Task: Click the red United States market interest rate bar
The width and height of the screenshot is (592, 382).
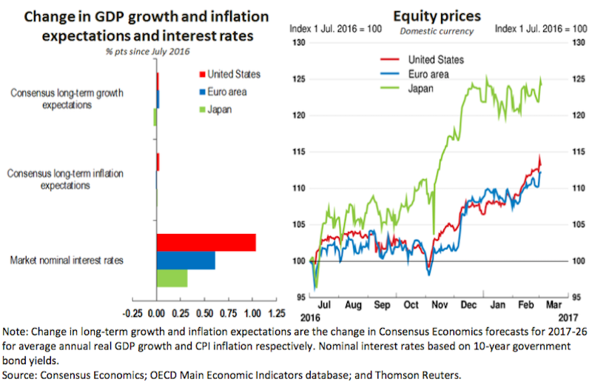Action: pos(206,243)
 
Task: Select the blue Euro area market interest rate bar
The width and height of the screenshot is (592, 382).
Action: pos(185,261)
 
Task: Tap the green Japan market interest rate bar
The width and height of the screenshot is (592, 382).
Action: pos(172,278)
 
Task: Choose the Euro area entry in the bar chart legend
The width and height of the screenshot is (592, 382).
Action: pos(226,92)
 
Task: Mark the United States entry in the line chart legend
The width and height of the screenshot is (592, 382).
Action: pos(436,59)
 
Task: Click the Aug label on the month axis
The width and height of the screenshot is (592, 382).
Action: pos(354,304)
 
